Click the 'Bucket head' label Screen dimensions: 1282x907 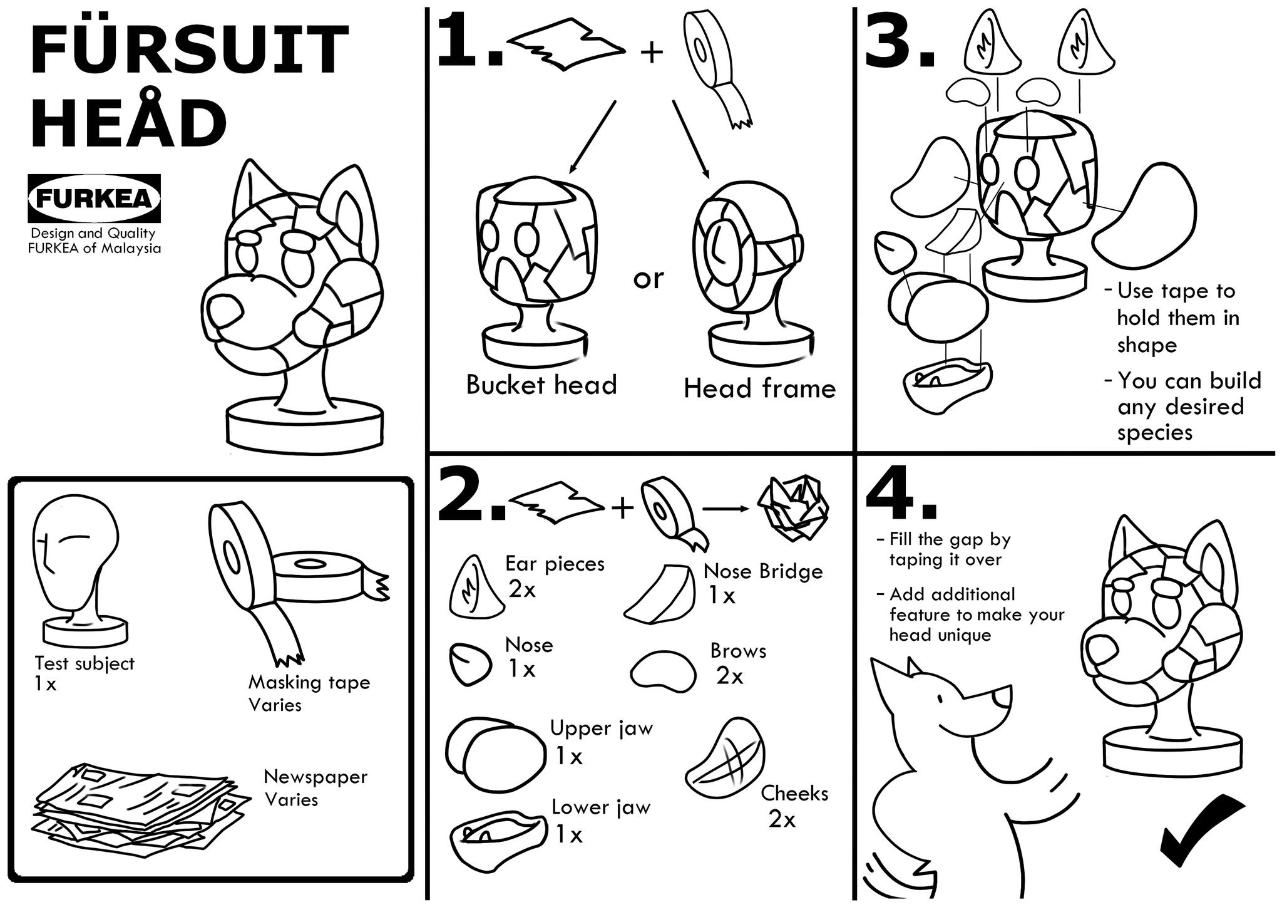[541, 385]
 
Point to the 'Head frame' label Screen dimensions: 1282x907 [759, 389]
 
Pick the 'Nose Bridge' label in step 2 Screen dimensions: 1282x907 [763, 571]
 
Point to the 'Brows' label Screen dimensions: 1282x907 [738, 651]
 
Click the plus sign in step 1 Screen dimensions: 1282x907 [652, 53]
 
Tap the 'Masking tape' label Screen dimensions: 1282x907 [309, 682]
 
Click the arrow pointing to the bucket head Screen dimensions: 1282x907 [592, 137]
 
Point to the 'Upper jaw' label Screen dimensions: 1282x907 [602, 728]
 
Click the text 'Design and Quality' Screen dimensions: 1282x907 [93, 234]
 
